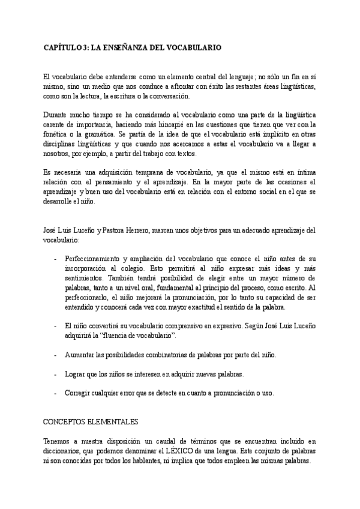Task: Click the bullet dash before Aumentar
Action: (x=56, y=355)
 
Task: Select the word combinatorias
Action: (x=180, y=355)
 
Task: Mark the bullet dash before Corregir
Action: (x=56, y=393)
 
